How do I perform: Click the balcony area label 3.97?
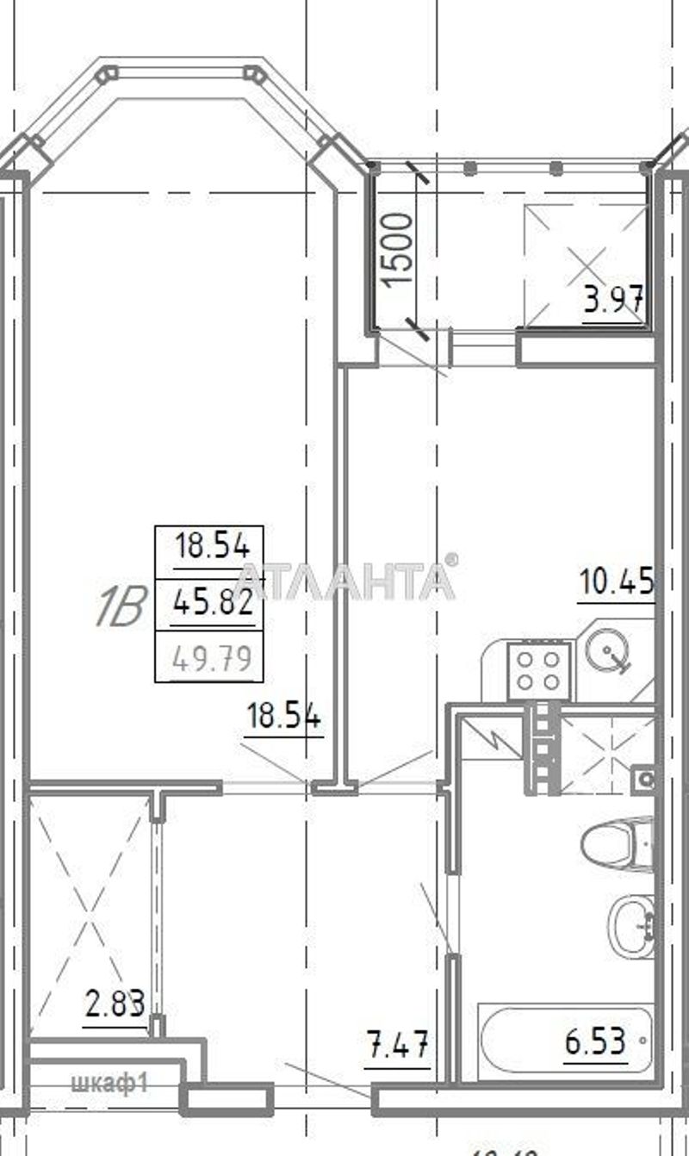[x=614, y=301]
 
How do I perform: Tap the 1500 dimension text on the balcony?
[x=399, y=251]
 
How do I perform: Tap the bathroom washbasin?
[x=632, y=925]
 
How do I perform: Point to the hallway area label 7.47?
[x=397, y=1049]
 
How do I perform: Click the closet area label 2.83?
[x=114, y=1004]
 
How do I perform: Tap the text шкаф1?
[x=111, y=1083]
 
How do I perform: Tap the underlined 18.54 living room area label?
[x=284, y=716]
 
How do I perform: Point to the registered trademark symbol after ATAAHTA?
[x=452, y=560]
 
